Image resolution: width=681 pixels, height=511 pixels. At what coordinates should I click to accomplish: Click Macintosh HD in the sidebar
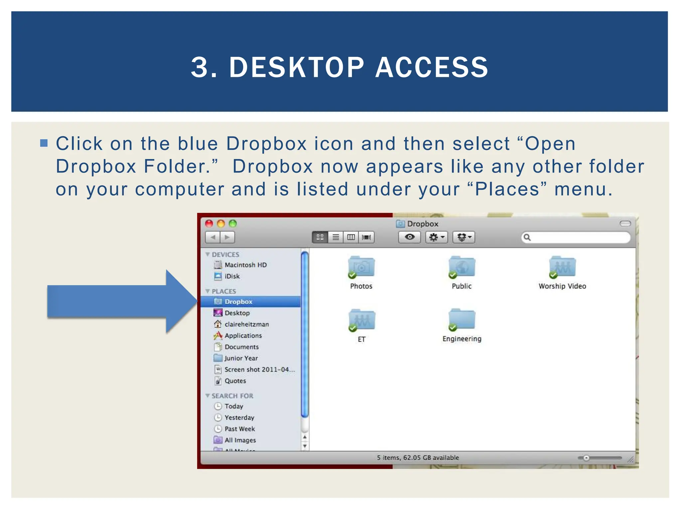click(245, 265)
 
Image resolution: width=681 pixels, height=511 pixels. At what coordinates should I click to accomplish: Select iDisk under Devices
click(232, 276)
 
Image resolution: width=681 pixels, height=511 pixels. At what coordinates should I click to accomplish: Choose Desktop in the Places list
click(237, 313)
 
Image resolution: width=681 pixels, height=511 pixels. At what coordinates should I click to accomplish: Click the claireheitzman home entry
click(246, 324)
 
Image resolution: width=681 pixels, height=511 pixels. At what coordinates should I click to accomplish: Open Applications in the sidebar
click(243, 335)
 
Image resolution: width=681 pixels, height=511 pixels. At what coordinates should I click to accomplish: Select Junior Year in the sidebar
click(241, 358)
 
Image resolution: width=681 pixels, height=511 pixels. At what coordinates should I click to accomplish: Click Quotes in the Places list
click(235, 381)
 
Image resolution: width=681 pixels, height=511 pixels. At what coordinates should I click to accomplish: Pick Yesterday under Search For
click(239, 417)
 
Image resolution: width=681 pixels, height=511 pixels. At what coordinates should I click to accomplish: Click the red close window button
click(209, 224)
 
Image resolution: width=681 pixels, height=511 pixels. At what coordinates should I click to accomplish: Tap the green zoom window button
click(233, 224)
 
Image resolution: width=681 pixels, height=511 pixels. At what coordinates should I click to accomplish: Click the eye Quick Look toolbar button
click(409, 237)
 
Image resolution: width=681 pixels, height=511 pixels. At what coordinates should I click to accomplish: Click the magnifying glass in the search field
click(527, 237)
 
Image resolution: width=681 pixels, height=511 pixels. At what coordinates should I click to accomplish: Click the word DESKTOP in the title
click(297, 68)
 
